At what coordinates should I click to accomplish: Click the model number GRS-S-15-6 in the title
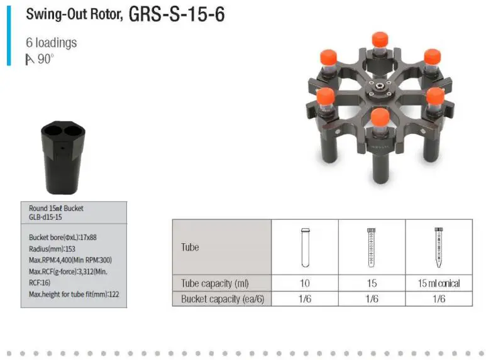pyautogui.click(x=176, y=14)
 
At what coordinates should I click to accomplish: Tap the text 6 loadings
pyautogui.click(x=51, y=43)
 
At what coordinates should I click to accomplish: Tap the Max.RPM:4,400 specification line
pyautogui.click(x=70, y=259)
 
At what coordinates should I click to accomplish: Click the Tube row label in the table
pyautogui.click(x=190, y=247)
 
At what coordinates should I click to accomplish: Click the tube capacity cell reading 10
pyautogui.click(x=305, y=283)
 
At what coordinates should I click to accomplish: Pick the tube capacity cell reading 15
pyautogui.click(x=372, y=283)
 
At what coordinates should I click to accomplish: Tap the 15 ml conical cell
pyautogui.click(x=438, y=283)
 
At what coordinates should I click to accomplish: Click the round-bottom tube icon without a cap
pyautogui.click(x=305, y=247)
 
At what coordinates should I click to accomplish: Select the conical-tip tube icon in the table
pyautogui.click(x=438, y=247)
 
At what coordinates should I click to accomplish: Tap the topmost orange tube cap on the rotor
pyautogui.click(x=378, y=38)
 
